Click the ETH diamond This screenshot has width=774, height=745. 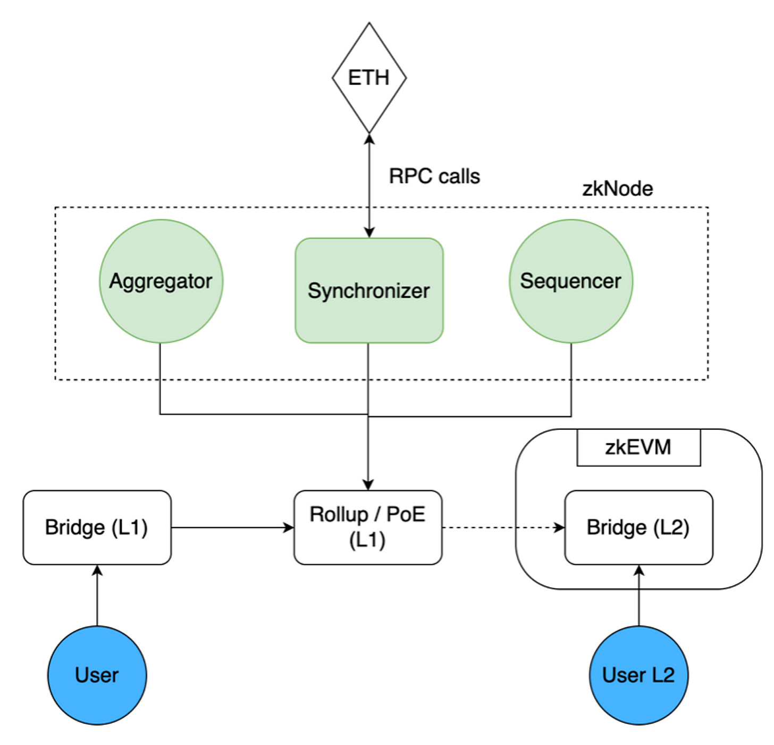point(369,78)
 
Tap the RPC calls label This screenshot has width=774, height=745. point(434,176)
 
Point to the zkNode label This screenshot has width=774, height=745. point(617,189)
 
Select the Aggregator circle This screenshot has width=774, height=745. point(161,281)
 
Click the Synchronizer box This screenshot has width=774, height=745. point(369,290)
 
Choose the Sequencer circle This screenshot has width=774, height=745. point(571,281)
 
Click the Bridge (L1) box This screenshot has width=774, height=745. point(97,527)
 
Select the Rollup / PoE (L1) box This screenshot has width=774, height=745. point(368,527)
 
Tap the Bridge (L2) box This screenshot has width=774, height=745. point(639,527)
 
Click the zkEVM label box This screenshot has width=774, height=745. point(639,447)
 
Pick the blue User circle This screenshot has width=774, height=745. point(97,675)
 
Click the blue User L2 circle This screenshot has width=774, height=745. point(639,675)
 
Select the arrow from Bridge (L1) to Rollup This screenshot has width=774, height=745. point(233,528)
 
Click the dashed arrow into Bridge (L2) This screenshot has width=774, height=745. point(503,528)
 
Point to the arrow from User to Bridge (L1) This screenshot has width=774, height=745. point(97,596)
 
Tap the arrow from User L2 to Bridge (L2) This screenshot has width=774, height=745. point(639,596)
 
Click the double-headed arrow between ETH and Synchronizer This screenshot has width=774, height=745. point(369,186)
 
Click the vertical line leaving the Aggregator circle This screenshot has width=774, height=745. point(160,379)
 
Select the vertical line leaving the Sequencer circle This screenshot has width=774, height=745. point(571,380)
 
